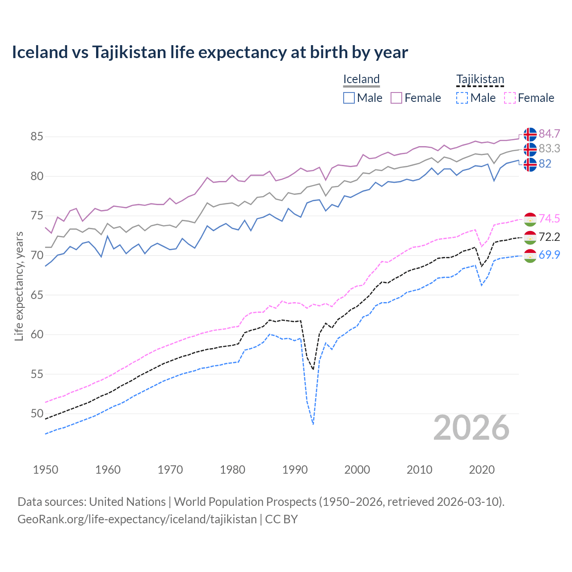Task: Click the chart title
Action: click(210, 52)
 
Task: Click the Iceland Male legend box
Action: click(349, 98)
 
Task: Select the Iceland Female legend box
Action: click(396, 98)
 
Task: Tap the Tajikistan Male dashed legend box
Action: click(462, 98)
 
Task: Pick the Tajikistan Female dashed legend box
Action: click(510, 98)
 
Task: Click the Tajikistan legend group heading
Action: click(480, 80)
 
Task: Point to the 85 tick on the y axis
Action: click(37, 136)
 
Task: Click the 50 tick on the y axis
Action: click(37, 414)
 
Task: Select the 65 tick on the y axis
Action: click(37, 295)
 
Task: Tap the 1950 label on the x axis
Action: click(46, 470)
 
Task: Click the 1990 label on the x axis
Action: click(295, 470)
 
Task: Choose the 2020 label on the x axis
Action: click(482, 470)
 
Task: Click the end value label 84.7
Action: click(549, 134)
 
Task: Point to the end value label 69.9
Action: click(549, 255)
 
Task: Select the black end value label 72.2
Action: click(549, 237)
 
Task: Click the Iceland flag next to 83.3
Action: click(530, 149)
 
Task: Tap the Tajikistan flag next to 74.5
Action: click(530, 219)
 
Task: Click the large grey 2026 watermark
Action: click(471, 428)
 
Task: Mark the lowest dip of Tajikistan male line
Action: click(313, 424)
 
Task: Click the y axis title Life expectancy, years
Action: click(19, 286)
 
